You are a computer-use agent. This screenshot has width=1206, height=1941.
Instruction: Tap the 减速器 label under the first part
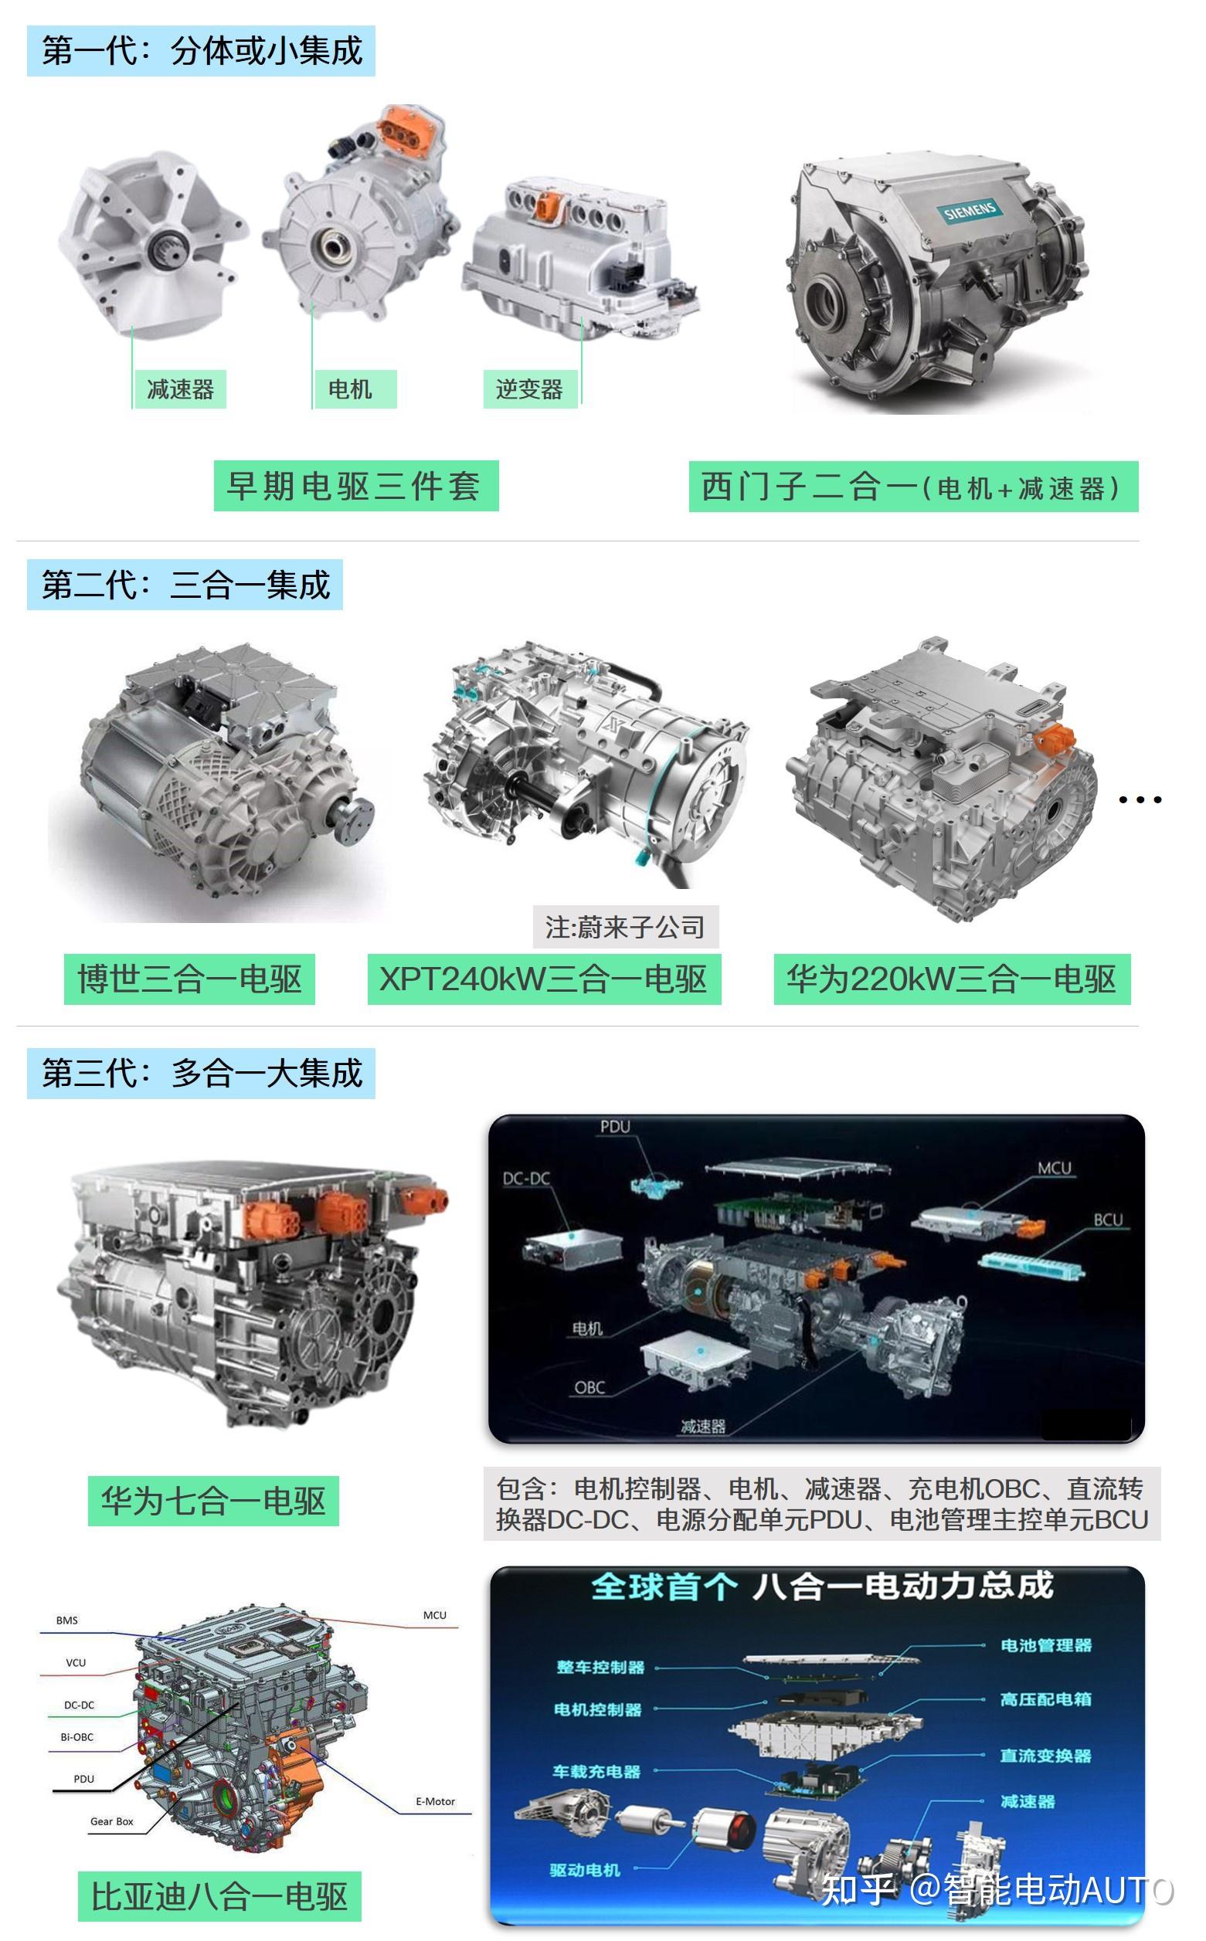(x=180, y=389)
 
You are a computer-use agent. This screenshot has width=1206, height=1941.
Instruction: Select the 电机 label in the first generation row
(x=350, y=389)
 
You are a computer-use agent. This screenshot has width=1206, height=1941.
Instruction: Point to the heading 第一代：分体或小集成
(x=201, y=51)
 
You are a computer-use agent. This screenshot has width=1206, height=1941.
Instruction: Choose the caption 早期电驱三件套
(x=355, y=486)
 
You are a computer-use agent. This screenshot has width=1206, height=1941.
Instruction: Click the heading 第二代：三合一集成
(x=185, y=585)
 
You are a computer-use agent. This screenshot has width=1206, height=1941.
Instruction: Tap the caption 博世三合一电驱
(x=190, y=979)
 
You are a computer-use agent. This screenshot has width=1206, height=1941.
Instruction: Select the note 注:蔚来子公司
(x=625, y=927)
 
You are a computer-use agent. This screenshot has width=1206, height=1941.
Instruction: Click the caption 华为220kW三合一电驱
(x=952, y=979)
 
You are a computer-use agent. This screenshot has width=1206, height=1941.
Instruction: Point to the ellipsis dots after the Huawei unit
(x=1140, y=799)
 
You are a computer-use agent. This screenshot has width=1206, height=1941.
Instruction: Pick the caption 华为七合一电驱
(x=213, y=1501)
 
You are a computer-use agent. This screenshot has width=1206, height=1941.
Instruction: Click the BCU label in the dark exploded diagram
(x=1108, y=1220)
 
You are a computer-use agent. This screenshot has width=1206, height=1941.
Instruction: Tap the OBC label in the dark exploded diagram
(x=589, y=1387)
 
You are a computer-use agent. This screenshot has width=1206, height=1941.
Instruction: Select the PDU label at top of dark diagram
(x=615, y=1127)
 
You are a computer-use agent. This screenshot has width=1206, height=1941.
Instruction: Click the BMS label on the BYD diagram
(x=67, y=1620)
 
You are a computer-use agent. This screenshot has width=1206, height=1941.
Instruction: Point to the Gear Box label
(x=112, y=1821)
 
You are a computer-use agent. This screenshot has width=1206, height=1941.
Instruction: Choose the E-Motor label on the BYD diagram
(x=435, y=1801)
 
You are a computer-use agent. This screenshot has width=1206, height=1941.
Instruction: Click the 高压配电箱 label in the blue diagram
(x=1045, y=1698)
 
